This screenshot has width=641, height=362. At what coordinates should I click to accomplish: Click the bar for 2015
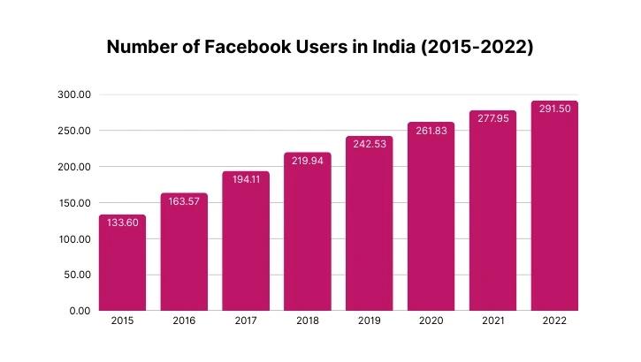(x=122, y=265)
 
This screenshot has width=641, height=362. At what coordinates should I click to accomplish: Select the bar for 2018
(x=308, y=238)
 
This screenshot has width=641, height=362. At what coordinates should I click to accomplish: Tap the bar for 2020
(x=431, y=221)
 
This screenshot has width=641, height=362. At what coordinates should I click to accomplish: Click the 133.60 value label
(x=122, y=223)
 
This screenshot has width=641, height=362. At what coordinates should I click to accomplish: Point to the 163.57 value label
(x=184, y=201)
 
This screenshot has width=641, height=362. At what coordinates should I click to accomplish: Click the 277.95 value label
(x=492, y=118)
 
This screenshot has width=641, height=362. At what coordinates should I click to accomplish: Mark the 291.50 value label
(x=554, y=109)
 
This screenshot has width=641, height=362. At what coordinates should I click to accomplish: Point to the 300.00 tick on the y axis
(x=74, y=94)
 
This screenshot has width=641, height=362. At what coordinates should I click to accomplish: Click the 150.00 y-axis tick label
(x=74, y=203)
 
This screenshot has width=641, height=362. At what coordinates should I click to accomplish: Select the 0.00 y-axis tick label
(x=80, y=311)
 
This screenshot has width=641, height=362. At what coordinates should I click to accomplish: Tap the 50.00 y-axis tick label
(x=77, y=275)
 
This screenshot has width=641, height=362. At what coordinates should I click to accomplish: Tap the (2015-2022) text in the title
(x=478, y=48)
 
